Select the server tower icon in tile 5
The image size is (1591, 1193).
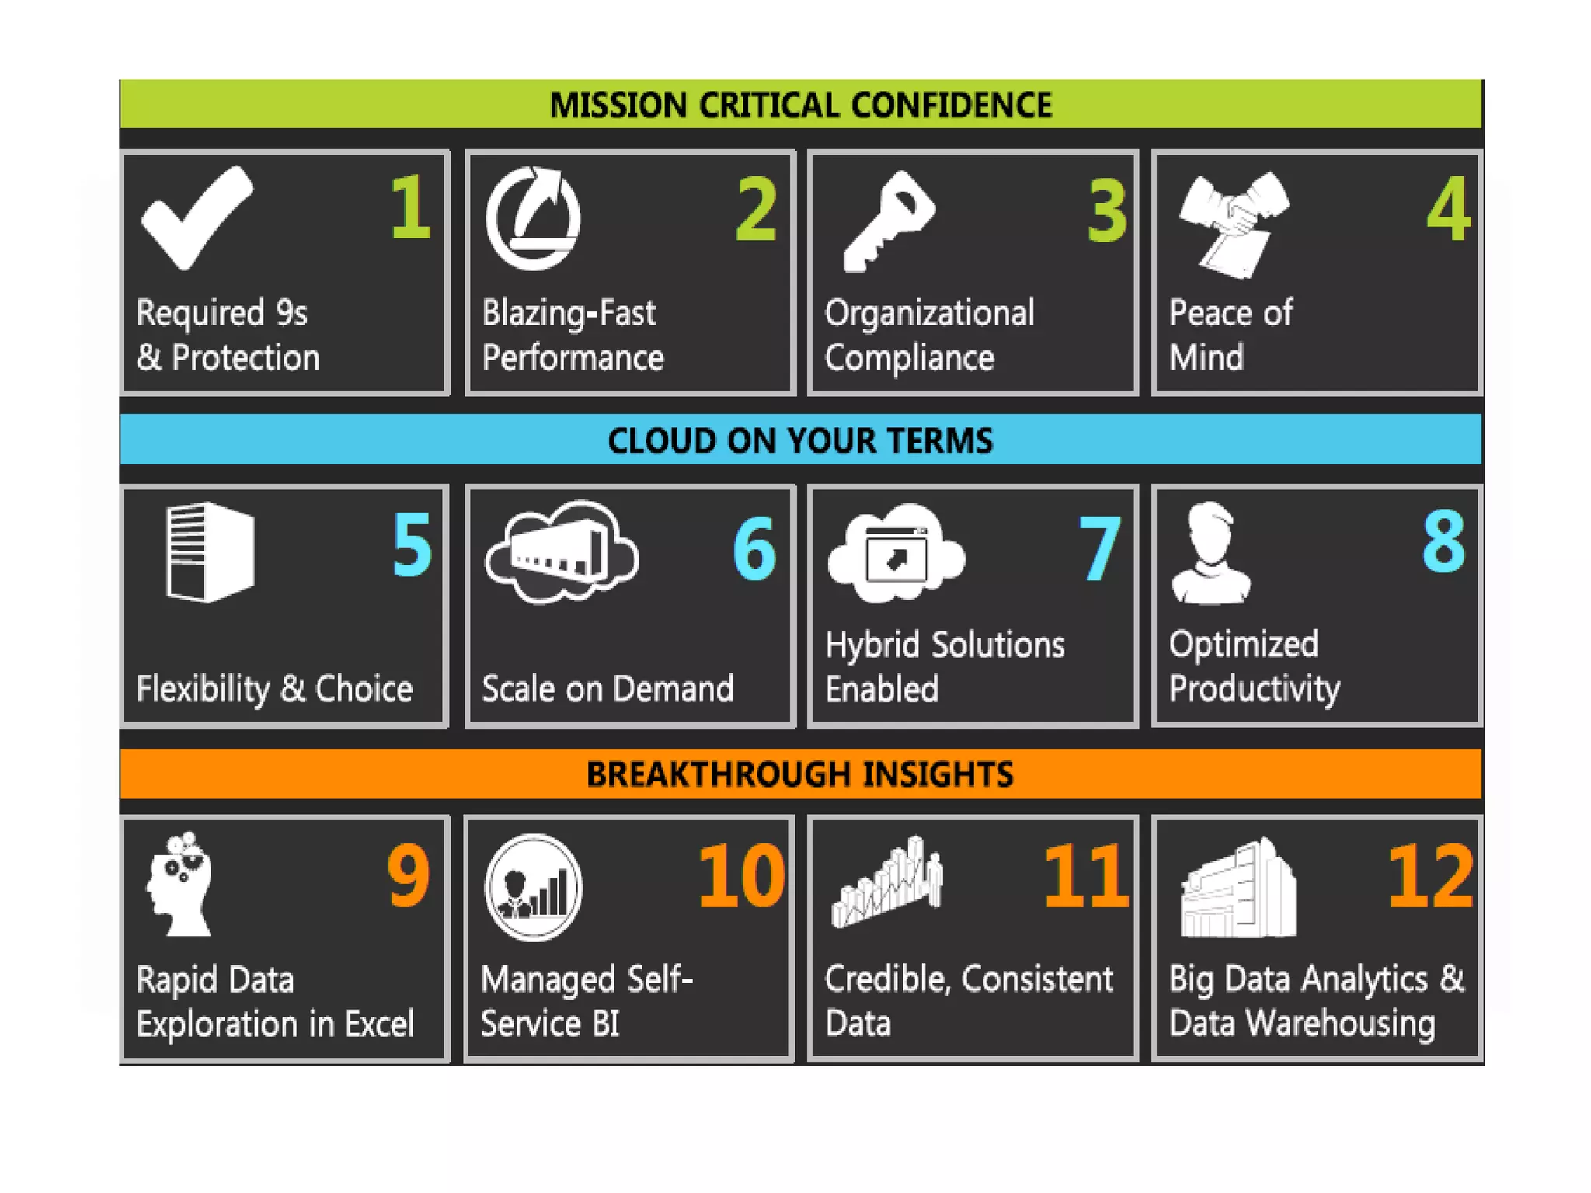tap(210, 552)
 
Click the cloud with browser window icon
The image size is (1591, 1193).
tap(896, 554)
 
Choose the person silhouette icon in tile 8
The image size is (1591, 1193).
tap(1210, 553)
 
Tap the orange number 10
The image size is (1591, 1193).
tap(741, 877)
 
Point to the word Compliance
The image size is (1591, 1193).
tap(909, 358)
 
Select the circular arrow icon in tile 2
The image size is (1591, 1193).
tap(533, 219)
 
